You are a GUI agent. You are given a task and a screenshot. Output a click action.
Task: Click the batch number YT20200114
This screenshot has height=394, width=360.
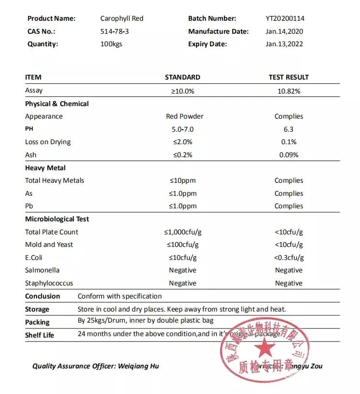click(285, 19)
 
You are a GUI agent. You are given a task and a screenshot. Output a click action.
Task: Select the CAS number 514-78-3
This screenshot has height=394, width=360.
click(114, 31)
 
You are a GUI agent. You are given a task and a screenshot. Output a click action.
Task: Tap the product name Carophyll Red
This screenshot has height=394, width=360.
click(122, 19)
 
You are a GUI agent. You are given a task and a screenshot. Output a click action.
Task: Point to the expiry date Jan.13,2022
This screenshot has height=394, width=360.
click(285, 44)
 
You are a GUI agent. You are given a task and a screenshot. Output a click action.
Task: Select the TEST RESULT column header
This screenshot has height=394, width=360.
click(288, 77)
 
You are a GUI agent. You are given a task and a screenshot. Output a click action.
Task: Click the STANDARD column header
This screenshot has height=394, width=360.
click(182, 77)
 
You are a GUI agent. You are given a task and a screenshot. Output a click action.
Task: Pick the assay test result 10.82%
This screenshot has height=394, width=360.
click(289, 91)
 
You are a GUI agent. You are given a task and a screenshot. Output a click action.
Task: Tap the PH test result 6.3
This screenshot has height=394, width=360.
click(289, 129)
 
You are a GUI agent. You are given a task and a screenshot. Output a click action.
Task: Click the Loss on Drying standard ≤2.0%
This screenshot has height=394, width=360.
click(182, 142)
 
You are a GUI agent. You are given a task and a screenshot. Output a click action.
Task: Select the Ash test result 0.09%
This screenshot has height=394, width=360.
click(289, 155)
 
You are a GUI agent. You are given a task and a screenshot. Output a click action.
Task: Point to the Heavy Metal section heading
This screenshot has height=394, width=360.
click(45, 168)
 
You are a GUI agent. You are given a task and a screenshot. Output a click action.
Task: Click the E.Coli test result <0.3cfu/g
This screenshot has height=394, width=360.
click(289, 258)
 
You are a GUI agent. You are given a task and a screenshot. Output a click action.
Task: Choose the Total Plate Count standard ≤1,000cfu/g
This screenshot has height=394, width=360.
click(182, 232)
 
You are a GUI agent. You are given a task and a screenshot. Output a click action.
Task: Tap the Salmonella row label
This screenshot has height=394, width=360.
click(42, 270)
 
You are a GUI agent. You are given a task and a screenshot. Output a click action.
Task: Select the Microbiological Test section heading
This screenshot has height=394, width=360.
click(57, 219)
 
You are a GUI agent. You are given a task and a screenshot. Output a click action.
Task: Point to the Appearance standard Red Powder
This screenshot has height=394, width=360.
click(184, 116)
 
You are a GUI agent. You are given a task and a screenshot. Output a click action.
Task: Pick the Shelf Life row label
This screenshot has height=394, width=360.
click(40, 335)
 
